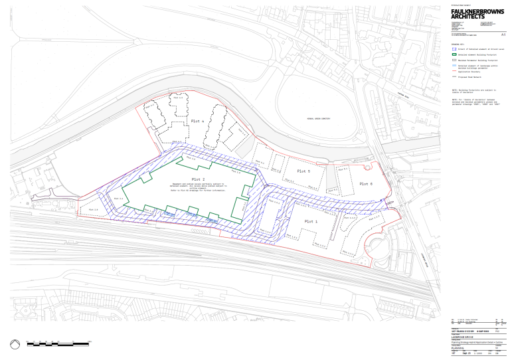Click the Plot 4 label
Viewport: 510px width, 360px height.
[197, 122]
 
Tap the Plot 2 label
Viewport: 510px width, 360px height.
[199, 179]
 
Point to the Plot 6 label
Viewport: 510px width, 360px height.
[367, 183]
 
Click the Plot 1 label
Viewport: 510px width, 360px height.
[311, 221]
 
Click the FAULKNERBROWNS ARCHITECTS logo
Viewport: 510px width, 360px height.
[477, 14]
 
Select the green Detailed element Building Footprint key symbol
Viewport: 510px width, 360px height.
[454, 54]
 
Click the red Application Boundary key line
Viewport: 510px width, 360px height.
[454, 70]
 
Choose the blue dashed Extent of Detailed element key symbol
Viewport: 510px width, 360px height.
[454, 49]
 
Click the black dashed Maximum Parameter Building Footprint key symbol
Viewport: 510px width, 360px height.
[454, 60]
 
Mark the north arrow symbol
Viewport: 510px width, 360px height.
[15, 344]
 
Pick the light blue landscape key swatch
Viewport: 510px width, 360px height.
[454, 66]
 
